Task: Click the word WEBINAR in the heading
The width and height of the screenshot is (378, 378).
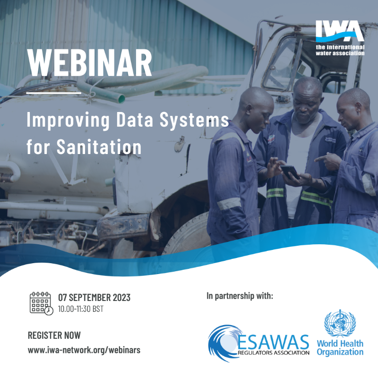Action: pos(89,63)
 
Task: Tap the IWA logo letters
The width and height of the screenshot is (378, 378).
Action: pos(340,30)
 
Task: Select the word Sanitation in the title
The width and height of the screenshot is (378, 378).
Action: pos(99,146)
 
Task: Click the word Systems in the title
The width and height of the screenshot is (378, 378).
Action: pos(194,120)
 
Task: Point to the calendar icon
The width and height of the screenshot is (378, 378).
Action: pos(41,303)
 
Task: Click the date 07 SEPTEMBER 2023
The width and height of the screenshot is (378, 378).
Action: pos(94,298)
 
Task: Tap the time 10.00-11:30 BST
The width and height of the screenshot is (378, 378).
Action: pos(81,309)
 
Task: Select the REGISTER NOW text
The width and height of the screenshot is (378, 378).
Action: pos(54,335)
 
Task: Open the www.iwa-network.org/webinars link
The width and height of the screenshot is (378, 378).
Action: pos(84,350)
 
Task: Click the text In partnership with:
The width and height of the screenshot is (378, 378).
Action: pos(240,296)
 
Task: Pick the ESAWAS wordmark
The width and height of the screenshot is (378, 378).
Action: pos(273,342)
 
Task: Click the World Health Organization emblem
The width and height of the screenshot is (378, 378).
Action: pos(340,323)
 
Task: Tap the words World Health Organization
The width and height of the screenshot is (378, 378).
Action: pos(340,348)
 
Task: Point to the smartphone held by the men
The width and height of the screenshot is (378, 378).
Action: pos(290,172)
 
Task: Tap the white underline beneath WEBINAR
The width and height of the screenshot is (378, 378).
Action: pos(54,93)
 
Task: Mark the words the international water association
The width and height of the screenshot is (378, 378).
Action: pos(340,50)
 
